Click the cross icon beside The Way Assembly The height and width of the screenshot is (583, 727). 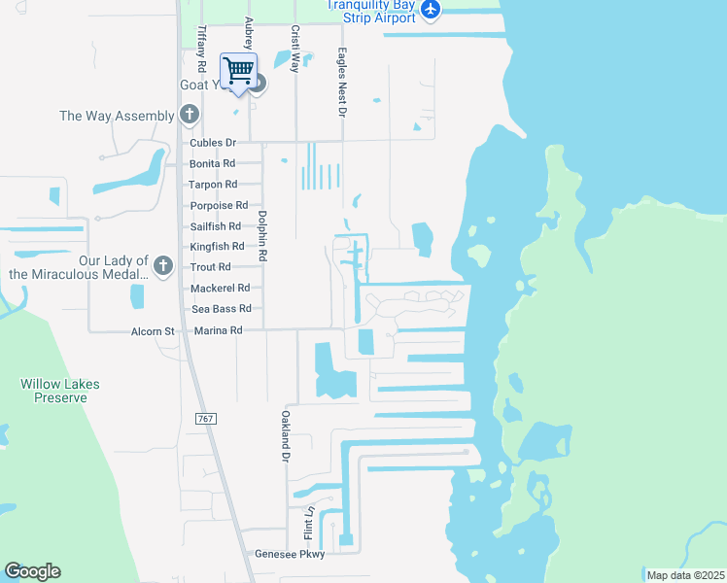coord(190,116)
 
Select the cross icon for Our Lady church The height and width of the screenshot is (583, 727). coord(163,265)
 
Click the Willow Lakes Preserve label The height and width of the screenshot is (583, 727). coord(60,391)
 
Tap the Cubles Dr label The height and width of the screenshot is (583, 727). coord(213,143)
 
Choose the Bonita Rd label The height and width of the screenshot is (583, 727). coord(213,164)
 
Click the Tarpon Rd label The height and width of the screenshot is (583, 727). coord(214,185)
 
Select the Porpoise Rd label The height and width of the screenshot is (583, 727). coord(219,205)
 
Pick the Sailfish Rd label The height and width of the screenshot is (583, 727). coord(217,226)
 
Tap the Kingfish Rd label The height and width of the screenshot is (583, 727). coord(217,247)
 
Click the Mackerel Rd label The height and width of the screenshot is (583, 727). coord(221,288)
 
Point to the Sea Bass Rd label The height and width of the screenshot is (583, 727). coord(222,309)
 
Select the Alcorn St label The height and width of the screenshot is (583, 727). coord(153,331)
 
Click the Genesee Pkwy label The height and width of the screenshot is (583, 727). coord(290,554)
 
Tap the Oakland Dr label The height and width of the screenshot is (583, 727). coord(287,434)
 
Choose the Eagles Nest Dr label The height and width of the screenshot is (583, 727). coord(342,84)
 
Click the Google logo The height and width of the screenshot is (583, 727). coord(32,571)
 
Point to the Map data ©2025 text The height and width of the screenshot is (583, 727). coord(685,575)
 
